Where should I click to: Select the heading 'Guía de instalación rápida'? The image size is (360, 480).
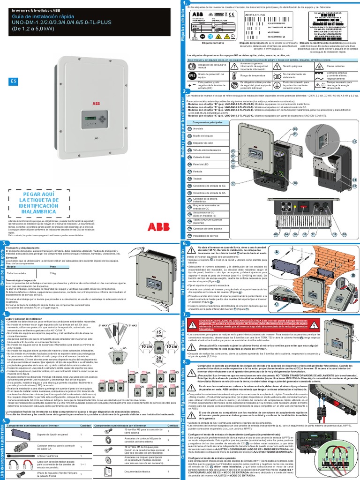click(45, 16)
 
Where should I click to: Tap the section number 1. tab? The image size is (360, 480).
click(185, 4)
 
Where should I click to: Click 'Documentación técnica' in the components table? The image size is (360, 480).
click(136, 472)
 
